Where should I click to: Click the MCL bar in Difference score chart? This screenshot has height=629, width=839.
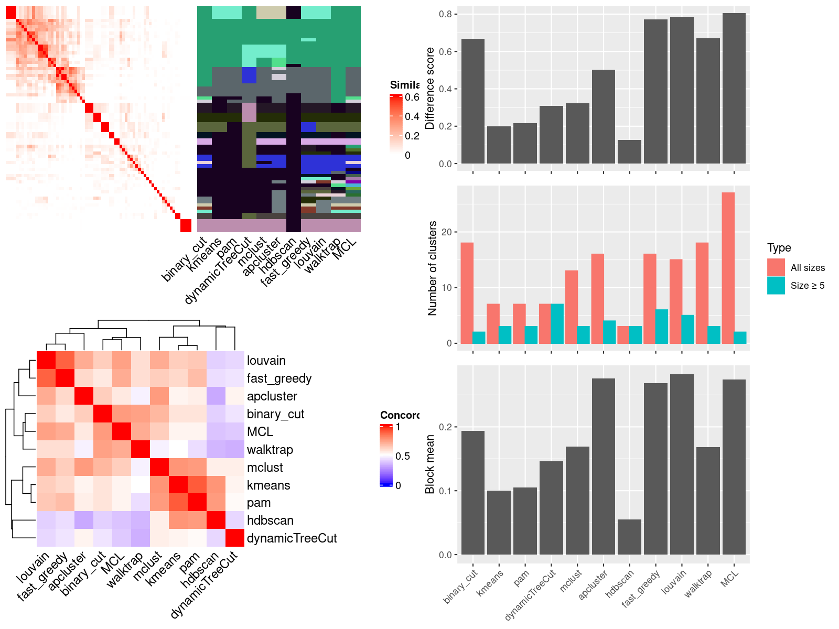click(x=734, y=89)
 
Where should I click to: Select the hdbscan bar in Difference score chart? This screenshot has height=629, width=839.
click(x=629, y=151)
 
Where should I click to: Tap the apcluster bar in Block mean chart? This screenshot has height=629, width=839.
click(x=603, y=467)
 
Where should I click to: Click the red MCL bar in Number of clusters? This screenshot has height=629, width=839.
click(x=728, y=268)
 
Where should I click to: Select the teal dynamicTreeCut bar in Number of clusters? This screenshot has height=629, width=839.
click(x=557, y=323)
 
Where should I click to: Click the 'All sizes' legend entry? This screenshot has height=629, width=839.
click(x=807, y=268)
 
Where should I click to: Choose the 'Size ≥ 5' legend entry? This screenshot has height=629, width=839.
click(x=807, y=286)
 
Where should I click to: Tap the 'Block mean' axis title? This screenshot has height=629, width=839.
click(x=430, y=464)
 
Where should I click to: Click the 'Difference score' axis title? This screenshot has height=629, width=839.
click(x=430, y=88)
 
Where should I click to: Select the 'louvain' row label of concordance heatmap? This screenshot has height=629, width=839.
click(x=266, y=361)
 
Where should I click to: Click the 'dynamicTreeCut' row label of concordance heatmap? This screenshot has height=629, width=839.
click(x=292, y=538)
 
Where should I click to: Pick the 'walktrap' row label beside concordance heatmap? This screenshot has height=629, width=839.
click(x=270, y=450)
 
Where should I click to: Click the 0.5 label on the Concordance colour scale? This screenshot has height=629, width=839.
click(x=403, y=456)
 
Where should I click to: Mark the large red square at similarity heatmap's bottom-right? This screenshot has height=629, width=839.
click(x=186, y=226)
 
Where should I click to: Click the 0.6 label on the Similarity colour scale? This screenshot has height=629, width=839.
click(x=412, y=97)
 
